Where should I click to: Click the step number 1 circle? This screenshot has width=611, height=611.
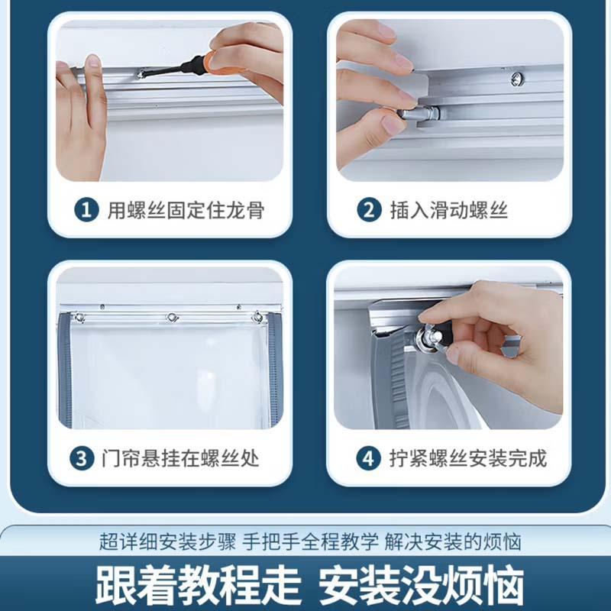click(86, 211)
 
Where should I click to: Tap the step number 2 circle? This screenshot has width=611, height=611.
click(369, 211)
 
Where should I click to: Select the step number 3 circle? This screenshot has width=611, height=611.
click(82, 458)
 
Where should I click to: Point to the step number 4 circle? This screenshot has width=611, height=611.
click(368, 458)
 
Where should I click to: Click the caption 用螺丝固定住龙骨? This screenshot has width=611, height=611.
click(186, 211)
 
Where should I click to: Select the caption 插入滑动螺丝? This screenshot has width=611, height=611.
click(449, 211)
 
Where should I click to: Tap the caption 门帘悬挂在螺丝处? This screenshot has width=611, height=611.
click(180, 458)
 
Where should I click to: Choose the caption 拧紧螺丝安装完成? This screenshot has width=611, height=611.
click(468, 458)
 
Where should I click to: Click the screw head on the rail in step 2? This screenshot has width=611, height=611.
click(517, 79)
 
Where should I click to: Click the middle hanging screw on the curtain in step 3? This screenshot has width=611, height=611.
click(172, 318)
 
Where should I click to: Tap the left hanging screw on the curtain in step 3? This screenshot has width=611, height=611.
click(79, 318)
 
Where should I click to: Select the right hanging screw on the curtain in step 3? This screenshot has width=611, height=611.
click(257, 317)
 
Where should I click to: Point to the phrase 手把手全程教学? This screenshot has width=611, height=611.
click(310, 541)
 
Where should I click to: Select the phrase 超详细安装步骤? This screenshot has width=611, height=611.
click(167, 541)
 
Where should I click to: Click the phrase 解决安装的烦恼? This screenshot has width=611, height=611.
click(453, 541)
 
